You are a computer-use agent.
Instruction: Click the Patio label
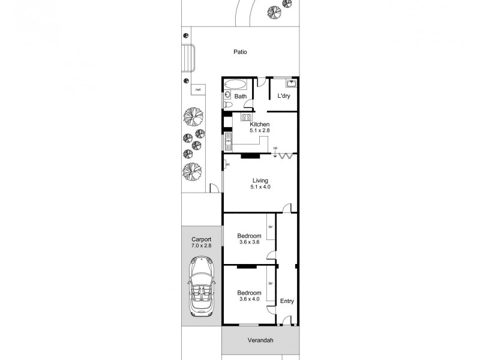pyautogui.click(x=241, y=52)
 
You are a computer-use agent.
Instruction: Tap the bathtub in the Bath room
pyautogui.click(x=235, y=85)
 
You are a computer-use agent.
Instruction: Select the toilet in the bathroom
pyautogui.click(x=227, y=104)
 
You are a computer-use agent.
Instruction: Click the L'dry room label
pyautogui.click(x=284, y=96)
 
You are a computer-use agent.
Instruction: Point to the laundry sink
pyautogui.click(x=292, y=83)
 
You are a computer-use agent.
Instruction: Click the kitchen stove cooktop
pyautogui.click(x=246, y=117)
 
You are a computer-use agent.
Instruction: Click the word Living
pyautogui.click(x=260, y=180)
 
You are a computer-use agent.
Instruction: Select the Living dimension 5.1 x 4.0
pyautogui.click(x=260, y=187)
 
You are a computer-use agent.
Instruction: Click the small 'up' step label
pyautogui.click(x=275, y=148)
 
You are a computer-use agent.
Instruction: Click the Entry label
pyautogui.click(x=287, y=301)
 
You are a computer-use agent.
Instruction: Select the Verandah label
pyautogui.click(x=260, y=340)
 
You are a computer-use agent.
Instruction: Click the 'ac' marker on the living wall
pyautogui.click(x=228, y=164)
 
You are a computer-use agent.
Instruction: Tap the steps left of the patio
pyautogui.click(x=187, y=58)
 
